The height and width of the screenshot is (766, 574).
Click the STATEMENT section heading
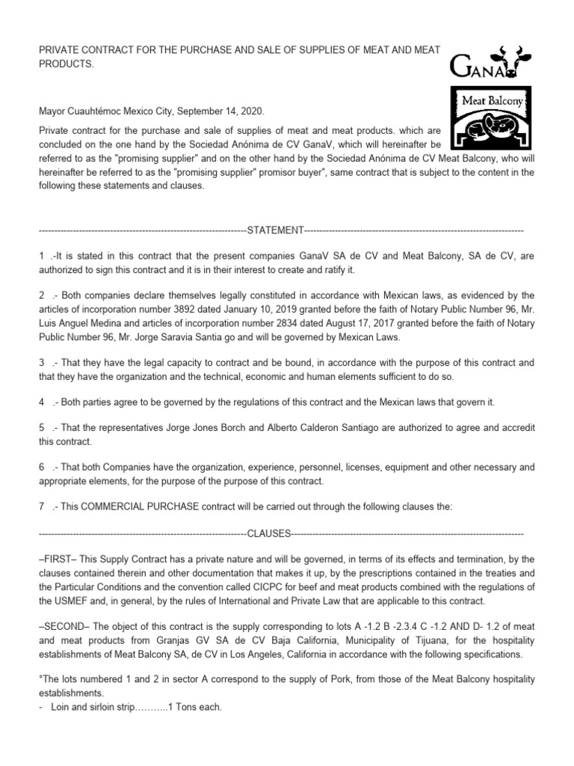274,230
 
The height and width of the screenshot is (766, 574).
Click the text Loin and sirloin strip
88,707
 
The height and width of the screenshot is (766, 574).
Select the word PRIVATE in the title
61,50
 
